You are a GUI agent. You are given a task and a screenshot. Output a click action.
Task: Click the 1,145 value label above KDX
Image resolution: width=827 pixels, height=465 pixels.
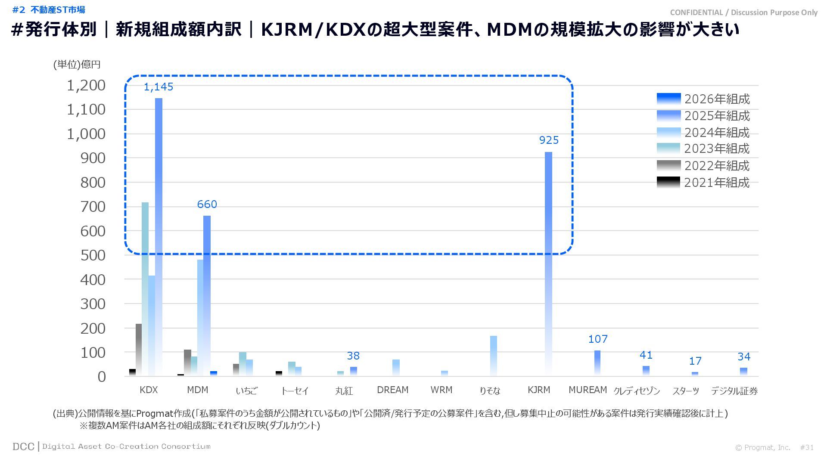159,87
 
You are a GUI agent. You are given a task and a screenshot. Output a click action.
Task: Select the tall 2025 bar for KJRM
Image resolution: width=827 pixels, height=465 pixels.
548,263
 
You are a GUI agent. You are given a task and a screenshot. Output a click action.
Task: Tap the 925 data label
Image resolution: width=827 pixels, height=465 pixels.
549,140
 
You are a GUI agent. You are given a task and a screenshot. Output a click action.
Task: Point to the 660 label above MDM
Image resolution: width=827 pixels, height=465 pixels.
207,205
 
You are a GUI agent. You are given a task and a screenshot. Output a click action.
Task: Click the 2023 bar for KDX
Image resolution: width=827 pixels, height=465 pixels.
145,288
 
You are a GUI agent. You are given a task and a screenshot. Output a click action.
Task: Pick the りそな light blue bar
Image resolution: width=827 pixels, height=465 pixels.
494,356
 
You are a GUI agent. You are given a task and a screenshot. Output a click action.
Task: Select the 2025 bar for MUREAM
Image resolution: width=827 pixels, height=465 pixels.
597,363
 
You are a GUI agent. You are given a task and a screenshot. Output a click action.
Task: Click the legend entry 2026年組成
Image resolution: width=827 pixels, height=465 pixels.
703,99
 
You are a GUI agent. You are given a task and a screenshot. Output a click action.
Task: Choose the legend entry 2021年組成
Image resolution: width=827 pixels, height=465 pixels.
703,183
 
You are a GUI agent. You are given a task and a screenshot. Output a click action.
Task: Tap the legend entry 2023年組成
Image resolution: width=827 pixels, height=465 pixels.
703,149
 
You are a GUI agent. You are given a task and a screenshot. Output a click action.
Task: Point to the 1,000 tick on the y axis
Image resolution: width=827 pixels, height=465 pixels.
86,134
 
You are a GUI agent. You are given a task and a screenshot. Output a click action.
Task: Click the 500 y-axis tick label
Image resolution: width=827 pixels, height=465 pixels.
93,255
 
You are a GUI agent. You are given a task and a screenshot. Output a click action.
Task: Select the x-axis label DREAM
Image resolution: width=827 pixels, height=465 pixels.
392,390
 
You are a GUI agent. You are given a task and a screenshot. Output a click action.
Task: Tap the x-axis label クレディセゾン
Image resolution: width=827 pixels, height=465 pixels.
637,391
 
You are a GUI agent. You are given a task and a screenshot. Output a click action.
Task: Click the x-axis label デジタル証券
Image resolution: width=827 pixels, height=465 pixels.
734,391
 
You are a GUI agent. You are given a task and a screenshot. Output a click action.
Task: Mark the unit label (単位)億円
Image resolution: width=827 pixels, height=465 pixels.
77,65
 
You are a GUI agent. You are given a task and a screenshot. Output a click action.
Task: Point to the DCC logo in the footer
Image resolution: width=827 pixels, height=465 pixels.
23,446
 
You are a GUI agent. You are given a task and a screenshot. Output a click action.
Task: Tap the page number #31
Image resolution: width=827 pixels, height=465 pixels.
807,448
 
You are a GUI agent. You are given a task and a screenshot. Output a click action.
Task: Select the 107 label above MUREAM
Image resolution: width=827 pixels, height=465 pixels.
598,339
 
